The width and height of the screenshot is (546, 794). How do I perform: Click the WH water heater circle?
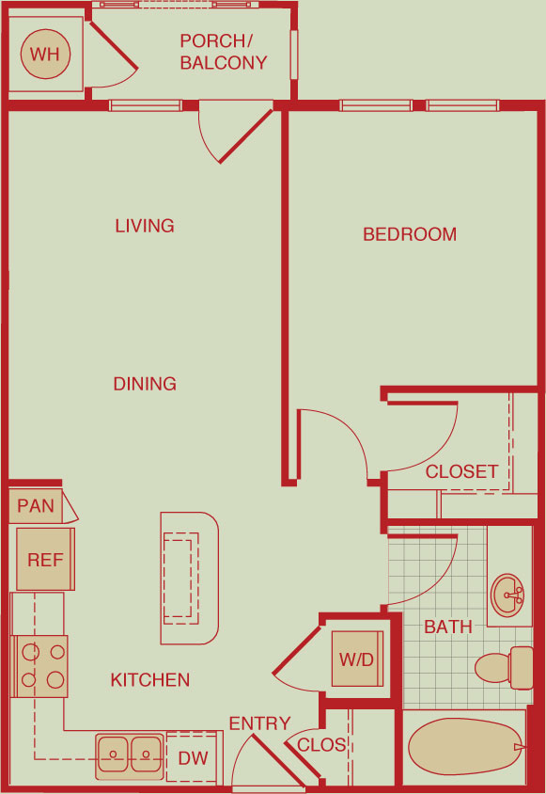(45, 55)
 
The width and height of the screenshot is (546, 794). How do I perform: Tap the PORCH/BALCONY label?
(223, 52)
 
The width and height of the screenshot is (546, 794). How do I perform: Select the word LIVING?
(145, 226)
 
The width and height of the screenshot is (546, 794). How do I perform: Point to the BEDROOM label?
(410, 234)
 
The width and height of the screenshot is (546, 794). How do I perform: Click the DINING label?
(145, 384)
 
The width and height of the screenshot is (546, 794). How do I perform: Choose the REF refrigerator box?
(45, 559)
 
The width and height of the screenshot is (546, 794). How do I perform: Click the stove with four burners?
(39, 666)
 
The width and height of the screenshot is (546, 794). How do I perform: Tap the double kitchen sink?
(130, 757)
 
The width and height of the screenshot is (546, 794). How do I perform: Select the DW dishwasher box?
(195, 757)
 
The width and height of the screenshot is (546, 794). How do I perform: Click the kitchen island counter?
(190, 578)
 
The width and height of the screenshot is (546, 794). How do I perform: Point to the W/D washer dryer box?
(357, 659)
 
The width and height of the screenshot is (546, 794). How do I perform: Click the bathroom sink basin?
(508, 595)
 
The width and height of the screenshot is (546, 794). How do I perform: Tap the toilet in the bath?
(504, 667)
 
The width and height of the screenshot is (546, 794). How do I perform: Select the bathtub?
(465, 747)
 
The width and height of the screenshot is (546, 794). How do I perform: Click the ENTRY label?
(260, 723)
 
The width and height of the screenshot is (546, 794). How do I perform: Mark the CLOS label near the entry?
(321, 745)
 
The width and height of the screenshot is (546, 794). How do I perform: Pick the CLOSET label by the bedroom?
(461, 471)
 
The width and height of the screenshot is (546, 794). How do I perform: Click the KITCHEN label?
(150, 679)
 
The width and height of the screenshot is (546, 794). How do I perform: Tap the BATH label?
(448, 627)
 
